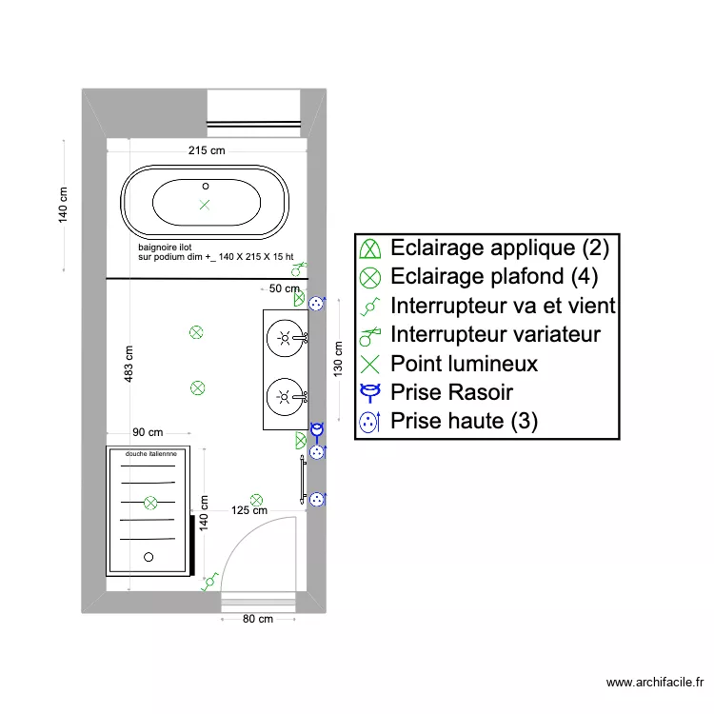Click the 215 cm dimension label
click(x=207, y=150)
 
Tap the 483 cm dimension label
click(x=129, y=363)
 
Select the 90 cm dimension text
click(x=148, y=433)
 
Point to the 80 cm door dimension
click(x=257, y=619)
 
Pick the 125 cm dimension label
click(x=249, y=510)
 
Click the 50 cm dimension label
click(x=285, y=288)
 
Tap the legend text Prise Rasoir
click(x=451, y=391)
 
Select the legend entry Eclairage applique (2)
click(x=499, y=248)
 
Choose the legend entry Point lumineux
click(x=464, y=363)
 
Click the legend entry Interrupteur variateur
click(x=495, y=334)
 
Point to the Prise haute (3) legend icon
click(x=369, y=420)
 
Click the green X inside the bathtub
click(x=205, y=205)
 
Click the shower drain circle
click(x=148, y=557)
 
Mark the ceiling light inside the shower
click(x=150, y=502)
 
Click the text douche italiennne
click(x=150, y=454)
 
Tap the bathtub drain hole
click(x=205, y=184)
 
